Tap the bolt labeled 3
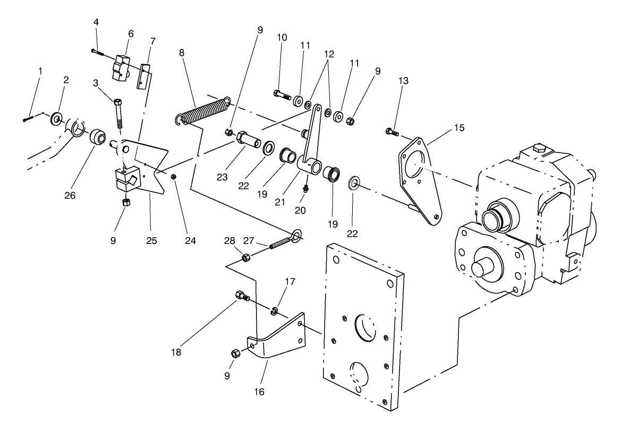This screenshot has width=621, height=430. [118, 112]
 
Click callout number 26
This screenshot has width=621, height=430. [70, 196]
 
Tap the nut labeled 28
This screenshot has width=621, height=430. [246, 257]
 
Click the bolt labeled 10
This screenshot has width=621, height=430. [282, 95]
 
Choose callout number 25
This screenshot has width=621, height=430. [151, 240]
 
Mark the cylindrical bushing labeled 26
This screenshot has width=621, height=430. [98, 137]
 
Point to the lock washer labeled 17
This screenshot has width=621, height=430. [274, 311]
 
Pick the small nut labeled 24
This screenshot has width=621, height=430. [174, 176]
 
